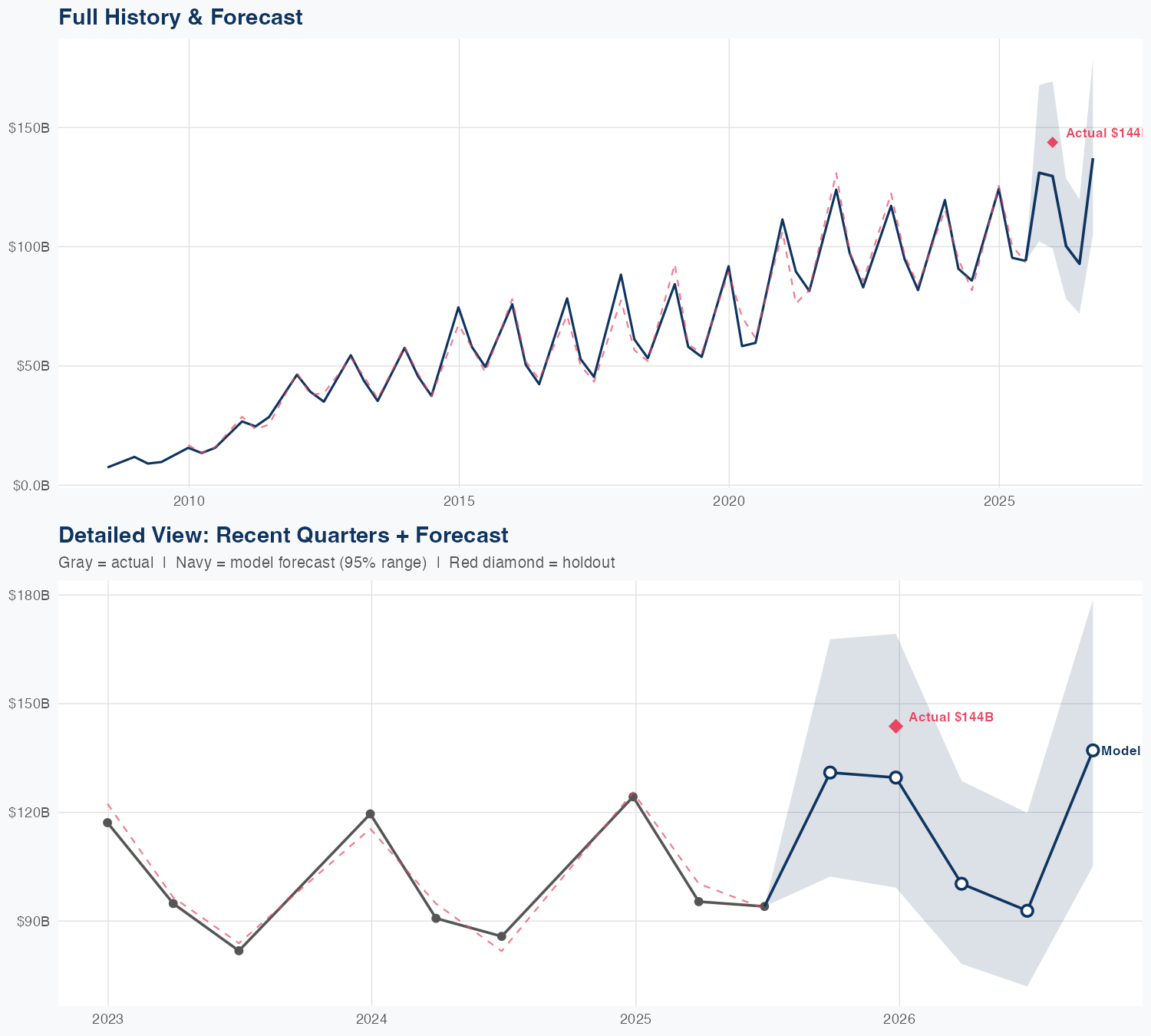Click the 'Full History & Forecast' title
(x=180, y=17)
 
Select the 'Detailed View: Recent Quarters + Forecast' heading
(x=283, y=535)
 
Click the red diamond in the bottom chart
(x=895, y=726)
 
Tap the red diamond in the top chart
(x=1053, y=142)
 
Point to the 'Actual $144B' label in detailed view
(x=951, y=717)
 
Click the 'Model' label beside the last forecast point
(x=1120, y=751)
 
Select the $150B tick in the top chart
(x=29, y=127)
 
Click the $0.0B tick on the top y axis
(x=29, y=485)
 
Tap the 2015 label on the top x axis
(x=459, y=501)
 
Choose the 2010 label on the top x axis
(x=189, y=501)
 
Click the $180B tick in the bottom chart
(x=29, y=595)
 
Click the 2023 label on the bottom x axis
(x=107, y=1019)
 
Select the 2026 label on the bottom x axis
(x=899, y=1019)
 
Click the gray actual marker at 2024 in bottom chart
(x=371, y=813)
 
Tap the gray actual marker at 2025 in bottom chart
(x=633, y=797)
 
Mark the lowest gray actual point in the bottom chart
(x=239, y=950)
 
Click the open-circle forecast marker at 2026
(x=895, y=777)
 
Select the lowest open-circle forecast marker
(x=1027, y=910)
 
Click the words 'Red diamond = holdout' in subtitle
(x=532, y=563)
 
